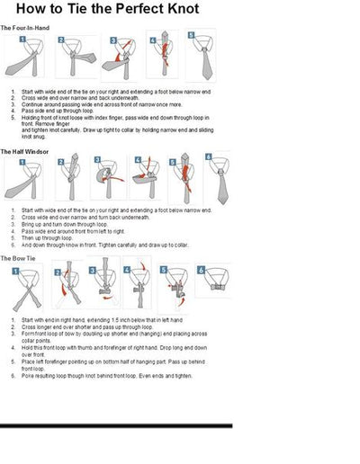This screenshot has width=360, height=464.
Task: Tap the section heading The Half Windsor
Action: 30,151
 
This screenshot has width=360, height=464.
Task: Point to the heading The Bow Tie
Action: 22,257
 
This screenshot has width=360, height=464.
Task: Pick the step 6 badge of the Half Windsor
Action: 208,156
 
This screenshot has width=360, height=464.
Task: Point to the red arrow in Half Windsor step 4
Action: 145,174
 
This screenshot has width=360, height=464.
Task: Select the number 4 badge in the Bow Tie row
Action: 126,265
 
